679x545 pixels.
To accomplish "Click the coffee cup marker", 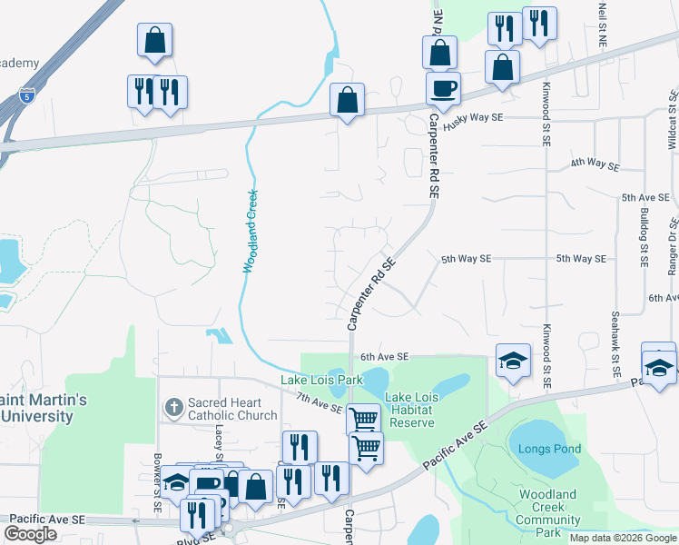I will click(x=443, y=89).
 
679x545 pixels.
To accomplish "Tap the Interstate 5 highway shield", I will click(x=26, y=94).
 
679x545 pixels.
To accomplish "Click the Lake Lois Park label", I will click(x=321, y=379).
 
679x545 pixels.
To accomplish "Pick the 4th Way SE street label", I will click(x=595, y=166).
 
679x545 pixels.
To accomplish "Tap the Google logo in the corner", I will click(x=30, y=534).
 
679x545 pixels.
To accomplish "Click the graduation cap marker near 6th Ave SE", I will click(x=512, y=360).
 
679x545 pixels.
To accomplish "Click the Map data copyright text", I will click(x=622, y=538).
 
